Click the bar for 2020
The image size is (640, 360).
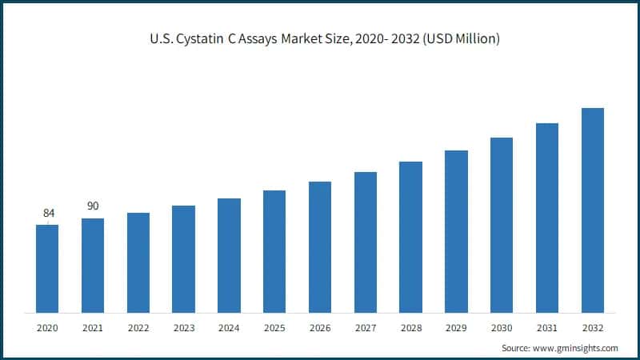pyautogui.click(x=47, y=269)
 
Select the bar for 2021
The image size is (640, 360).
pyautogui.click(x=93, y=266)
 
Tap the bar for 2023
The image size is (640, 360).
pyautogui.click(x=183, y=259)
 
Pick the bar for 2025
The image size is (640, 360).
pyautogui.click(x=274, y=251)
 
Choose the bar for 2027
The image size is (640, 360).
pyautogui.click(x=366, y=242)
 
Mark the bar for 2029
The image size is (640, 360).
pyautogui.click(x=456, y=231)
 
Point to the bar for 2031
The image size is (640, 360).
pyautogui.click(x=547, y=218)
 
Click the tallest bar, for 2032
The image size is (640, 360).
pyautogui.click(x=592, y=210)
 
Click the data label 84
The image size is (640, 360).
pyautogui.click(x=49, y=213)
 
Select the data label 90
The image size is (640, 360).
pyautogui.click(x=93, y=206)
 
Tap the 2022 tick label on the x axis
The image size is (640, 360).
pyautogui.click(x=138, y=328)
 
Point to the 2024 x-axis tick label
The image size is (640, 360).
pyautogui.click(x=229, y=328)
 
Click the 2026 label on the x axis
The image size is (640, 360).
pyautogui.click(x=320, y=328)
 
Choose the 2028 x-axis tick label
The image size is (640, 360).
pyautogui.click(x=410, y=328)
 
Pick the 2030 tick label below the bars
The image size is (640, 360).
pyautogui.click(x=502, y=328)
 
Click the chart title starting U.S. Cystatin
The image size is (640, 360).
pyautogui.click(x=319, y=39)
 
